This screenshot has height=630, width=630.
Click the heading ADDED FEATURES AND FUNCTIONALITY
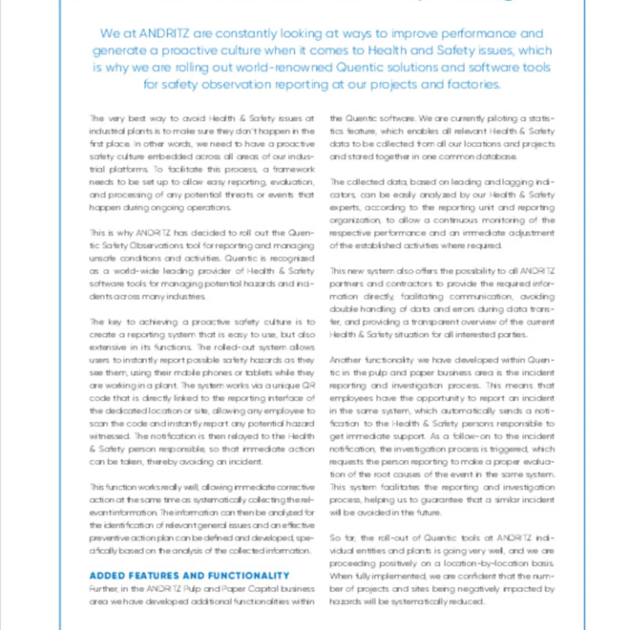tap(189, 576)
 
